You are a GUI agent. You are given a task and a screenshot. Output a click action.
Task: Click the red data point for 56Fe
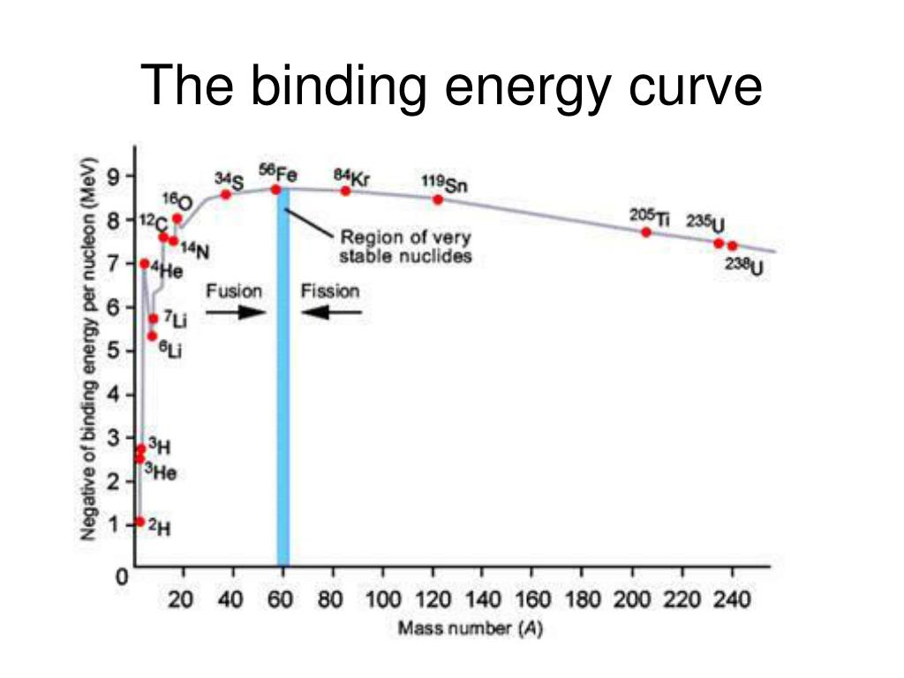[275, 189]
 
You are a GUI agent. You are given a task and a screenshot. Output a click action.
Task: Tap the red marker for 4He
[145, 264]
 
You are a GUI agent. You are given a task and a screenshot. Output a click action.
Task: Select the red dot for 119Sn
[437, 199]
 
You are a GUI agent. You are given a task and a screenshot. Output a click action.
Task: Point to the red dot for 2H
[139, 522]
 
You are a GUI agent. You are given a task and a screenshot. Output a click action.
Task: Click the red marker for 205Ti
[646, 232]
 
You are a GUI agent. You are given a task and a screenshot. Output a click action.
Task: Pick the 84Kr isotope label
[351, 176]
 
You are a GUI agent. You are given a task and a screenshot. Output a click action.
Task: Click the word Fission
[330, 290]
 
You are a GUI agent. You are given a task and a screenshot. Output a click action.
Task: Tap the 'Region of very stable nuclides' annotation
[406, 246]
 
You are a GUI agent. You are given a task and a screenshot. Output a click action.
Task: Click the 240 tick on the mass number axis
[732, 600]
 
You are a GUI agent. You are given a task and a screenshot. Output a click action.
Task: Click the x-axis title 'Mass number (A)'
[471, 629]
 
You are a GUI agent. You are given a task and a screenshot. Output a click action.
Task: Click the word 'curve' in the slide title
[692, 87]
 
